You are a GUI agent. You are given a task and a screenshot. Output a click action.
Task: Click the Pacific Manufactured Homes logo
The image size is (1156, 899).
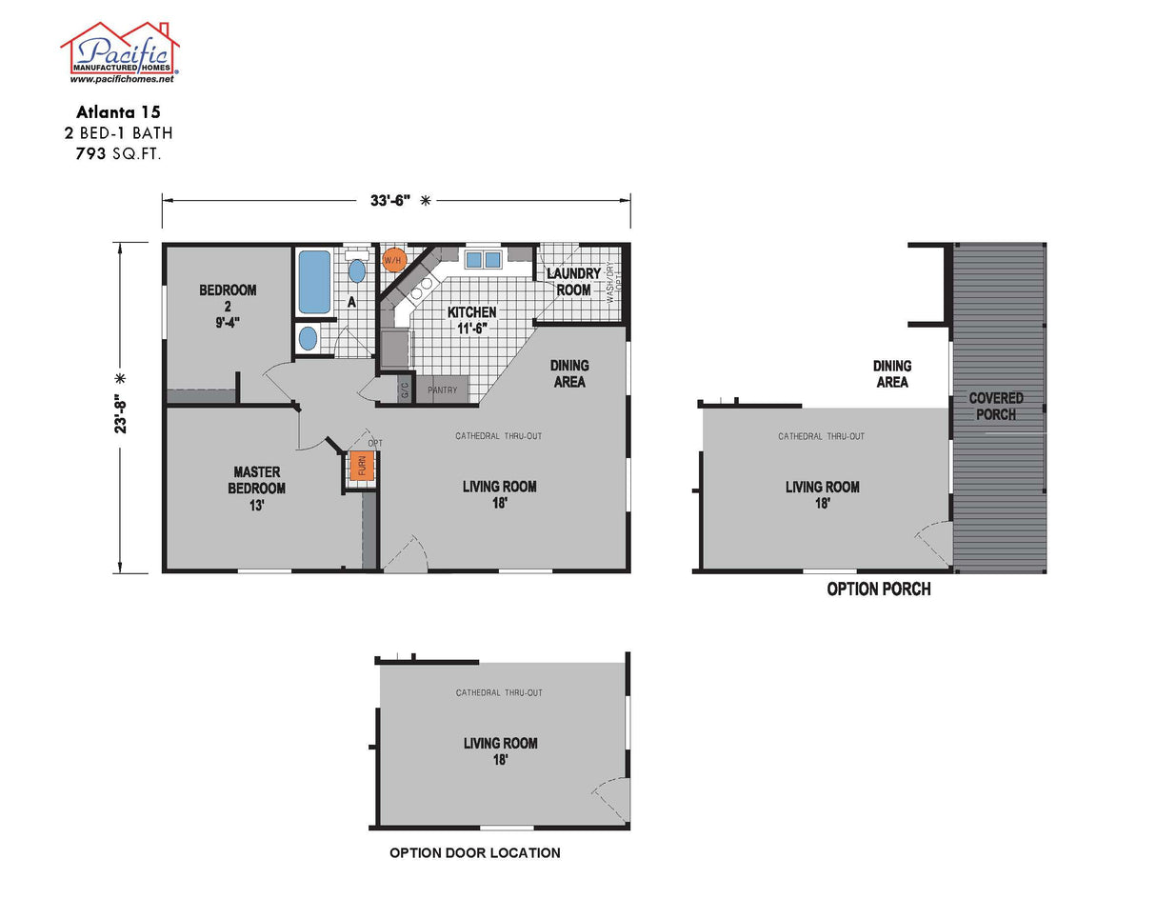[x=120, y=50]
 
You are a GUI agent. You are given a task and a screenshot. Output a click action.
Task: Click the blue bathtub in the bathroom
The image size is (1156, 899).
[x=314, y=281]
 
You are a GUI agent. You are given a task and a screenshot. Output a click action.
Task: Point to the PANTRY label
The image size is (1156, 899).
[x=443, y=390]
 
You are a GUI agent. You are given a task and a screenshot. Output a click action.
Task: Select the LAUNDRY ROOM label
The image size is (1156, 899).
[x=573, y=282]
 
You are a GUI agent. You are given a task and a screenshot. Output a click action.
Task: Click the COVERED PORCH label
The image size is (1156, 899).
[x=996, y=406]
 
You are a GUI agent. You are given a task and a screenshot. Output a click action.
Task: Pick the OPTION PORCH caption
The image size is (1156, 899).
[x=878, y=589]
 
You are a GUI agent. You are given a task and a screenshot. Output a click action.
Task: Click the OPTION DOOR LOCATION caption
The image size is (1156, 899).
[x=474, y=853]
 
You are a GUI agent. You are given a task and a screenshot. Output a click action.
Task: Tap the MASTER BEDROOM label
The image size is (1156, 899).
[x=256, y=489]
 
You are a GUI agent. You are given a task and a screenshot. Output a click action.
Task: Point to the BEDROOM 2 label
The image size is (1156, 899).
[x=228, y=306]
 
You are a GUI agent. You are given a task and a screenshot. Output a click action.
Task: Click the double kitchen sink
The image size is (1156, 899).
[x=483, y=259]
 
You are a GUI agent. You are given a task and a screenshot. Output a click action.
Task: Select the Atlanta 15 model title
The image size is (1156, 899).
[x=119, y=111]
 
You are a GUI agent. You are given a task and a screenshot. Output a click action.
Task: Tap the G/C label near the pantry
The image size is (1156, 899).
[x=404, y=390]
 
